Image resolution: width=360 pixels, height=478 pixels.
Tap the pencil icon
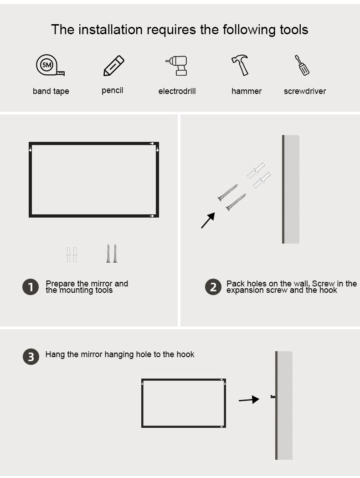(x=113, y=66)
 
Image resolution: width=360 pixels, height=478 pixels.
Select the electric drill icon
(x=176, y=66)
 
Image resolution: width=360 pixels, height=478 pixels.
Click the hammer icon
(x=240, y=65)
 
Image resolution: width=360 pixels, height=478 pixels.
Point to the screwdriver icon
(x=302, y=65)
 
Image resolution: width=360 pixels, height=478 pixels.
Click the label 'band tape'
(x=51, y=91)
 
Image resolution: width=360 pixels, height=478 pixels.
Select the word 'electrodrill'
(x=177, y=91)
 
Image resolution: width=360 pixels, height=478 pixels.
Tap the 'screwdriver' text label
(x=305, y=91)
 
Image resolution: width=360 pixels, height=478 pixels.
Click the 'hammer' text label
(x=247, y=91)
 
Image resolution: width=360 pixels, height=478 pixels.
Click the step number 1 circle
(x=31, y=287)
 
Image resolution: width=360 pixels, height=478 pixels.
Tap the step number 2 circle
(x=213, y=287)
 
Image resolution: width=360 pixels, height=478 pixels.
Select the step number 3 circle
(x=31, y=357)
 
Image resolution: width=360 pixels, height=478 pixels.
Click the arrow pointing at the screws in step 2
(x=208, y=220)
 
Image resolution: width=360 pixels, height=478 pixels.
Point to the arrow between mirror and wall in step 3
(x=249, y=400)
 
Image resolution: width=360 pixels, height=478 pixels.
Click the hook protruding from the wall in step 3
(x=273, y=397)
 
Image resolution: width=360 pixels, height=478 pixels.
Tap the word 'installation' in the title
(x=111, y=30)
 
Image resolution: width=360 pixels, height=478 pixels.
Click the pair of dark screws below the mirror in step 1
(x=112, y=253)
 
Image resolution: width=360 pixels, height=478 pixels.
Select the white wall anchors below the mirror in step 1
(x=72, y=254)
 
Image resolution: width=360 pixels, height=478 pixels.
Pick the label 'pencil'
(x=113, y=91)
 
